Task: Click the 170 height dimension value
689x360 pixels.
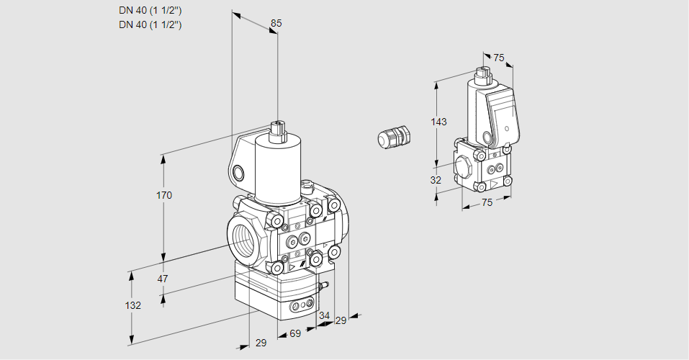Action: click(164, 195)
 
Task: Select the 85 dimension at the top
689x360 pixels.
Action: click(276, 23)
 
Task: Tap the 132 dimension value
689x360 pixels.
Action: click(132, 305)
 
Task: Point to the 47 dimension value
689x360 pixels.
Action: click(163, 279)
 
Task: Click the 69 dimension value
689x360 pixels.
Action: click(294, 333)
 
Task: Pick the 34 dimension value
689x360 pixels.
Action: click(324, 315)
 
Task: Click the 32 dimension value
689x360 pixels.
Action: click(436, 180)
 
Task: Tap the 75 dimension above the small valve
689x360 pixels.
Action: click(499, 58)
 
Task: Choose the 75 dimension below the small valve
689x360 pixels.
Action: click(487, 203)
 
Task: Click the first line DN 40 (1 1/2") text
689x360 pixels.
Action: click(150, 10)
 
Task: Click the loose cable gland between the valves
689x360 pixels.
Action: click(394, 137)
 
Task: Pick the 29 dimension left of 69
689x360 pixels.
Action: click(261, 343)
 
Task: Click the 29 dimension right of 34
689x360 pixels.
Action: click(341, 320)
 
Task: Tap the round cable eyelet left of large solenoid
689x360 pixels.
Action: click(238, 173)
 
